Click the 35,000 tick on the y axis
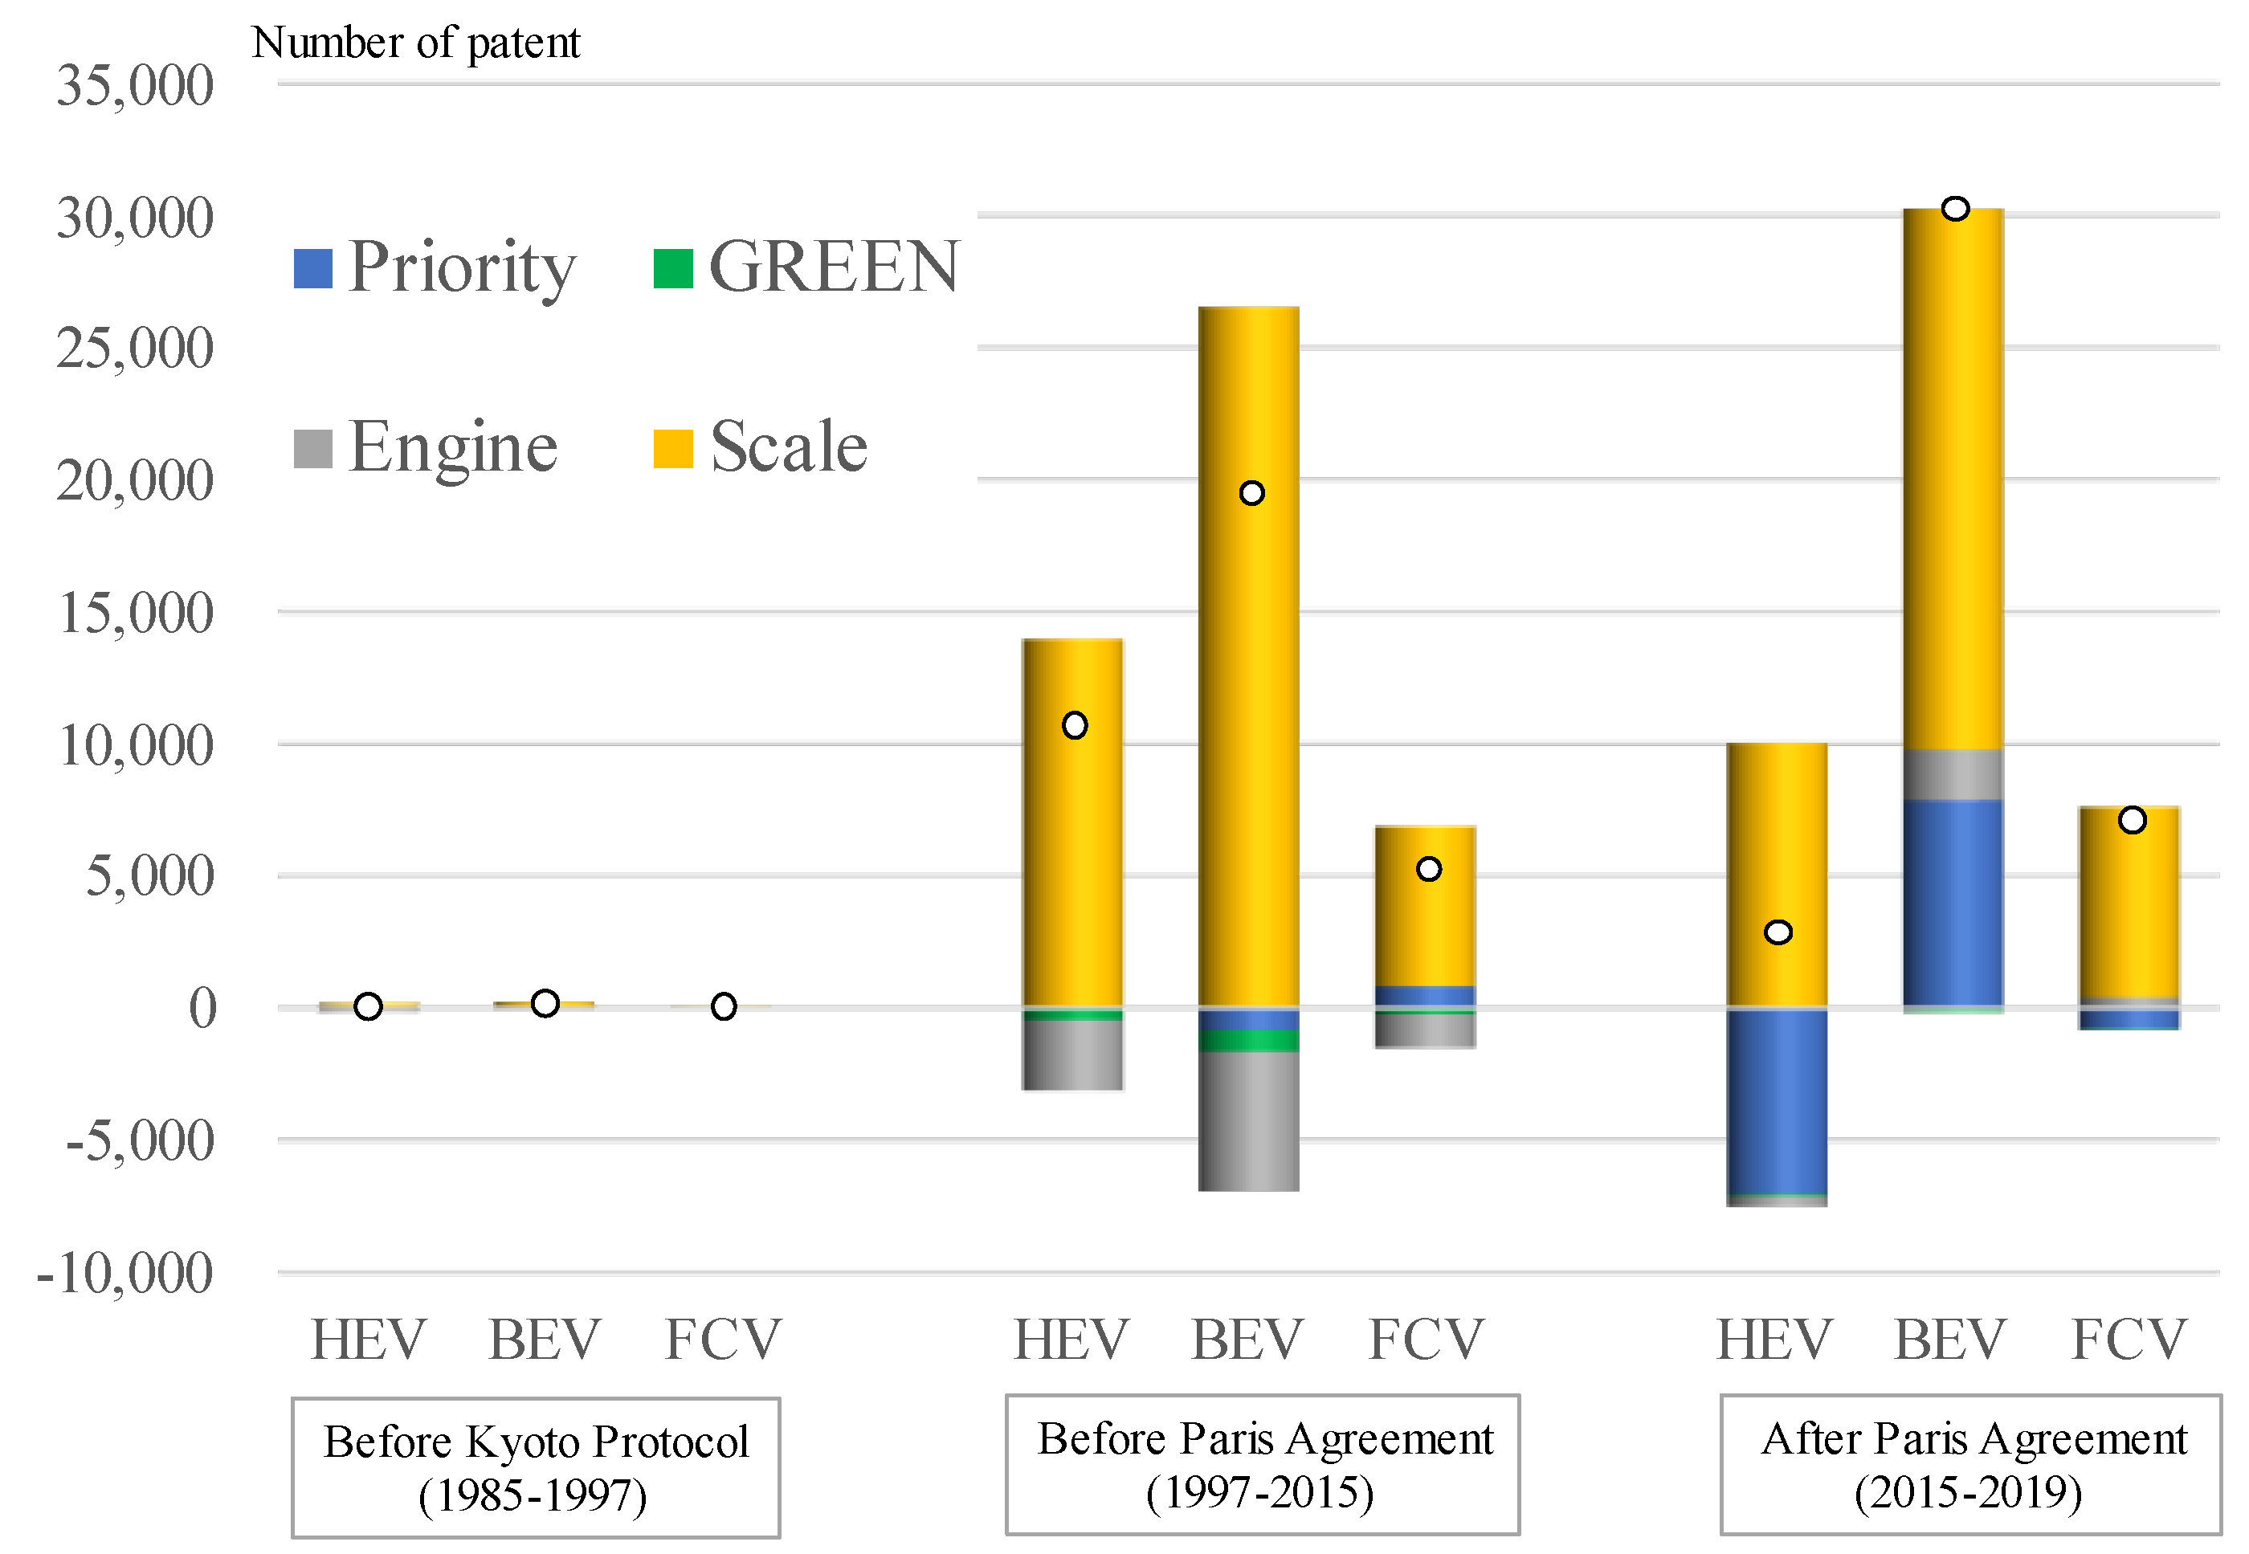tap(134, 86)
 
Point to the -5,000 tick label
tap(139, 1140)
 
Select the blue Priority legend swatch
tap(312, 269)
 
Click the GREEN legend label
tap(834, 267)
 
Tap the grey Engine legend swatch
tap(312, 449)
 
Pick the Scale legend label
tap(788, 447)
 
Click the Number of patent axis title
tap(416, 43)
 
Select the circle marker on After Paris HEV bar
tap(1778, 932)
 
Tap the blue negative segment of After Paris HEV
tap(1777, 1100)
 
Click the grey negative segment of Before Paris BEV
tap(1248, 1120)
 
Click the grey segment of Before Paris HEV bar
tap(1072, 1054)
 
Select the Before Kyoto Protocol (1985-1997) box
tap(536, 1468)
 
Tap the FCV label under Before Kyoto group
tap(722, 1340)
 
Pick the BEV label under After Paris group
tap(1950, 1340)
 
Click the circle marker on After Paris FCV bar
tap(2133, 821)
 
